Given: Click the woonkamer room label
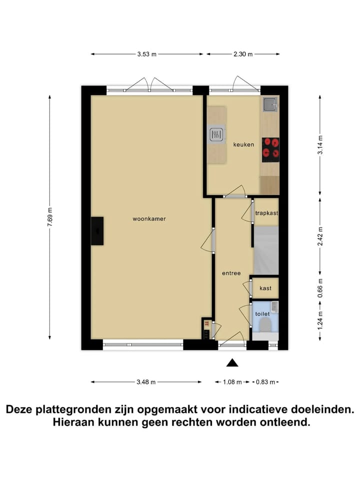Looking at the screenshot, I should pos(149,218).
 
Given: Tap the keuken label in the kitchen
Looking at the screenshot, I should pos(243,144).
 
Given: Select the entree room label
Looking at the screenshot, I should pos(231,273).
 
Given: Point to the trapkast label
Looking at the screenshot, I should pos(266,213).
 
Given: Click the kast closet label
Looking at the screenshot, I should pos(265,288).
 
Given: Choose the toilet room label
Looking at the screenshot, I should pos(262,313).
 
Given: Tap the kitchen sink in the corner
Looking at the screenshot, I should pos(270,104).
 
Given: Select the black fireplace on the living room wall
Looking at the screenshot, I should pos(97,231).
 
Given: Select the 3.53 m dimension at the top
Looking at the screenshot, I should pos(147,54).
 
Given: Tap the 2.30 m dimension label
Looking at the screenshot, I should pos(243,54).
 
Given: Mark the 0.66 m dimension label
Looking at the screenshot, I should pos(320,287).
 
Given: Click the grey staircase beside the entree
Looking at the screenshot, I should pos(266,250).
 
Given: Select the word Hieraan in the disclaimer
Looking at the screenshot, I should pos(76,422).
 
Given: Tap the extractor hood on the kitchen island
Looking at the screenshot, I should pos(216,134).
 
